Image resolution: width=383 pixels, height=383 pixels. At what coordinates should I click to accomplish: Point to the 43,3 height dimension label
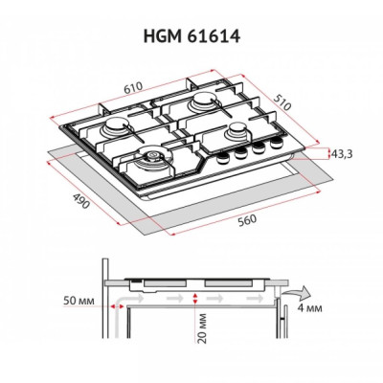pos(343,150)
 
